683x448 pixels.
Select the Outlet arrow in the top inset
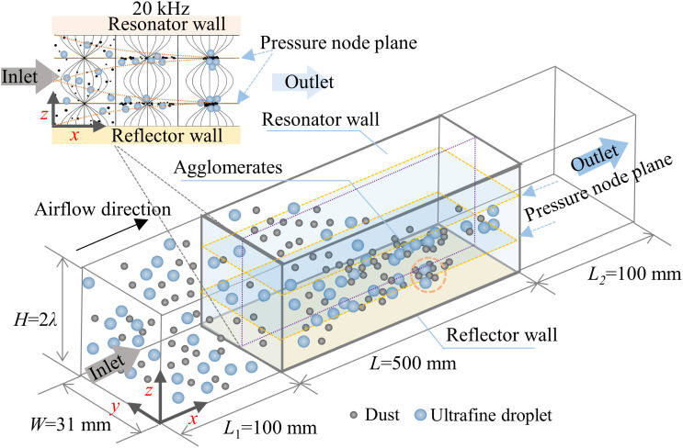[302, 83]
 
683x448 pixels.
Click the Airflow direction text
[103, 209]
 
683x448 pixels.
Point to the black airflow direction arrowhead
[141, 224]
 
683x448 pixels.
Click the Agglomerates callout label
[228, 168]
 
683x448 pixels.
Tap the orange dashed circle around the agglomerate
[429, 274]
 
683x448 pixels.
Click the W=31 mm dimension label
[71, 423]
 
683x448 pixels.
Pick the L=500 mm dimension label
[413, 364]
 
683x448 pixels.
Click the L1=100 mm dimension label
[270, 429]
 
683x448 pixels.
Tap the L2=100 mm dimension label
[634, 274]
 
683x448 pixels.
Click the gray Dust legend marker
[354, 415]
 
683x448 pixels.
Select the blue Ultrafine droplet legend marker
[420, 415]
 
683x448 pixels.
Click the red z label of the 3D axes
[149, 391]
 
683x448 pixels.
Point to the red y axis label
[115, 407]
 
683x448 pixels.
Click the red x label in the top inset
[74, 135]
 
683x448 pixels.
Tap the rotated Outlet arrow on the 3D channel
[600, 158]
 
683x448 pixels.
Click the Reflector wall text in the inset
[166, 136]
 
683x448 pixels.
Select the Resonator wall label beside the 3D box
[321, 119]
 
